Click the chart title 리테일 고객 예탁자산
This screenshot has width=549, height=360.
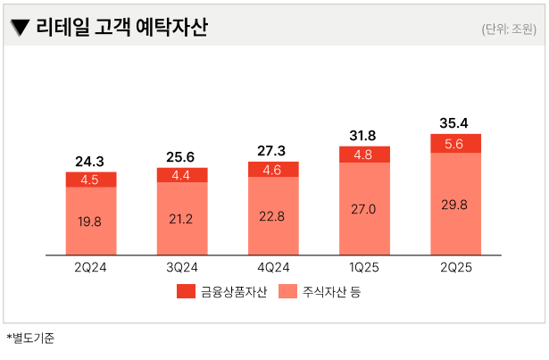[x=121, y=28]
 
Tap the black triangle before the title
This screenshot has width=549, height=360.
[x=18, y=29]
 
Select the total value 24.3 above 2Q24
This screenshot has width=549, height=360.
[x=90, y=162]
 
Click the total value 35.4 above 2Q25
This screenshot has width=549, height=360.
[x=455, y=122]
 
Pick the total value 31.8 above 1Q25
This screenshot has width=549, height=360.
[x=364, y=136]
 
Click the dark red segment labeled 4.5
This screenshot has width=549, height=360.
[x=90, y=180]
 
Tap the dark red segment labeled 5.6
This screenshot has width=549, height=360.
[x=455, y=144]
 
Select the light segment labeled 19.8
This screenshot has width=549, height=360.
[x=90, y=221]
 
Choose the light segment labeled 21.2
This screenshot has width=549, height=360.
[x=182, y=218]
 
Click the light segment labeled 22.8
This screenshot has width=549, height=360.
[x=273, y=215]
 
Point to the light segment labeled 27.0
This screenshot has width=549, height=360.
[x=364, y=209]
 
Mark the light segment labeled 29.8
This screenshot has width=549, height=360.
[x=455, y=204]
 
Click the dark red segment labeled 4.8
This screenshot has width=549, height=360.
[x=364, y=155]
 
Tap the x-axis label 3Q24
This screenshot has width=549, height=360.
[x=182, y=266]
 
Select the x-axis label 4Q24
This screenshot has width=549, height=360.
[x=273, y=266]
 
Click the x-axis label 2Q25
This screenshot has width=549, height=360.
[x=455, y=266]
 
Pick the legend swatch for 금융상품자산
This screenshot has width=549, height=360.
[x=186, y=292]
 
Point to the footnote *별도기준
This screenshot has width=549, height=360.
[x=30, y=339]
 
